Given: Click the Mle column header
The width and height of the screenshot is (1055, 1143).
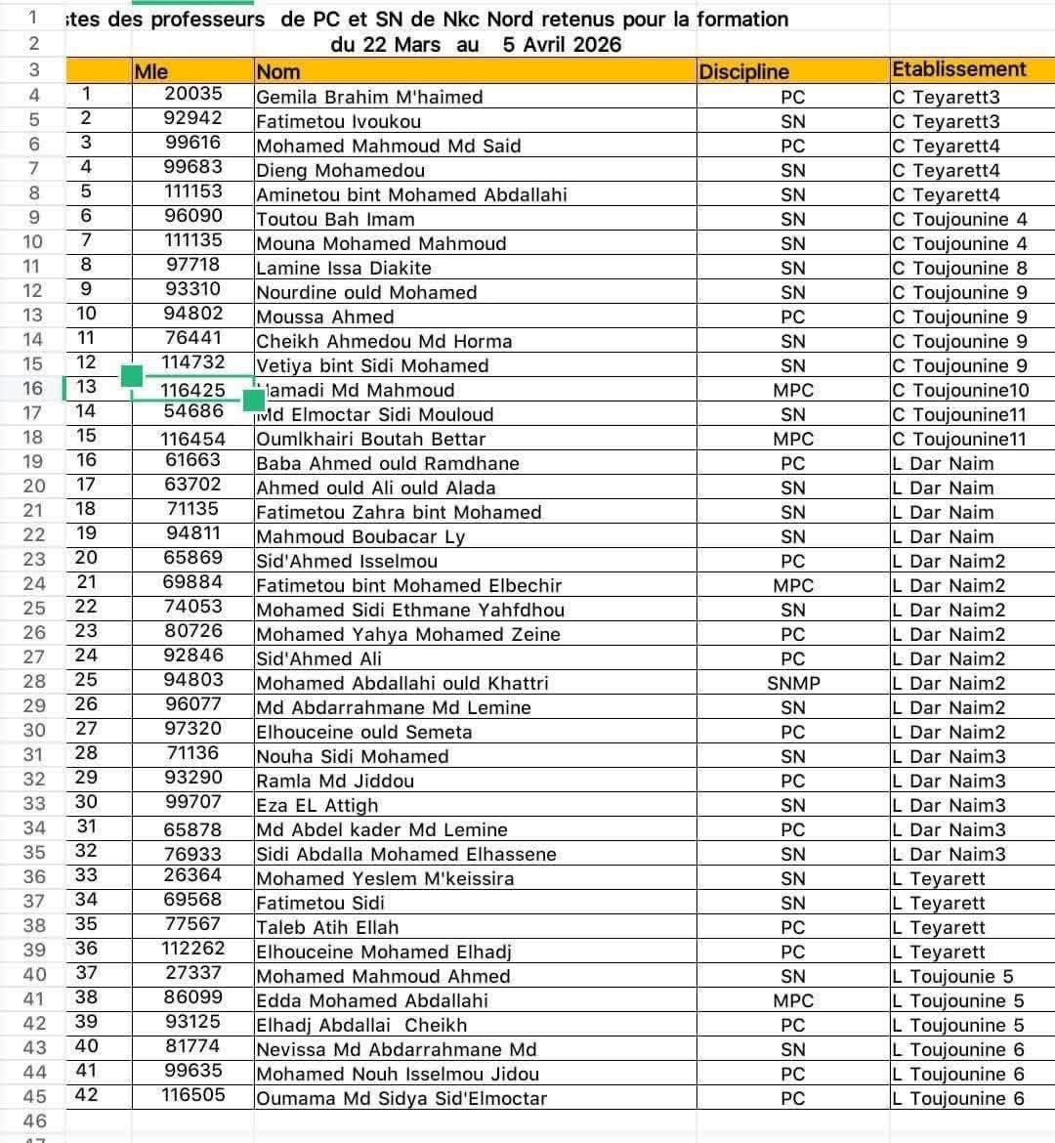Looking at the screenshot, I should [x=151, y=71].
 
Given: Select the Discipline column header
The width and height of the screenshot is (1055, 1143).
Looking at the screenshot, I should [x=743, y=71].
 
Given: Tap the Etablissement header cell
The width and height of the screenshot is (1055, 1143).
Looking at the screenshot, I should [x=958, y=69].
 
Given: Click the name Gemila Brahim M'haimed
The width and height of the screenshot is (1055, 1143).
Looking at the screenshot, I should [x=369, y=97].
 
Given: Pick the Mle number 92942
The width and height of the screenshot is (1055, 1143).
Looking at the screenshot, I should [x=192, y=118].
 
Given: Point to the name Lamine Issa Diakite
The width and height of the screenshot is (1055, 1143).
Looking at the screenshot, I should [x=343, y=268].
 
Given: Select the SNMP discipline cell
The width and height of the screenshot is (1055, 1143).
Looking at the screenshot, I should [x=792, y=683].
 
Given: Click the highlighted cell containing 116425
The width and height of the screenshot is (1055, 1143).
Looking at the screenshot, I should [x=192, y=390].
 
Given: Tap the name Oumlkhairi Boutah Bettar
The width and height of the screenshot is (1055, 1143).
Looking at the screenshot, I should [x=370, y=439].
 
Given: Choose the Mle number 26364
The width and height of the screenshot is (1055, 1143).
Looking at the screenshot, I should [x=192, y=875].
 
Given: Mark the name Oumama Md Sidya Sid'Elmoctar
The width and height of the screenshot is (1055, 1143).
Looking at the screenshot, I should [x=401, y=1098].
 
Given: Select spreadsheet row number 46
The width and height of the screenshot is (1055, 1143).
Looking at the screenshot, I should [x=34, y=1121].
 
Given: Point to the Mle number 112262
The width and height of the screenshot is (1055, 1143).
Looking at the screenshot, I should [x=192, y=949].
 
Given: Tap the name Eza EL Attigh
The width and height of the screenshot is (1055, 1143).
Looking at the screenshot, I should [x=316, y=805].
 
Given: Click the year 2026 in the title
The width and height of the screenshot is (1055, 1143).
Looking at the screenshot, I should [x=596, y=44].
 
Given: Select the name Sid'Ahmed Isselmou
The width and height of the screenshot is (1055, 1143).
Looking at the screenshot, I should [x=346, y=561].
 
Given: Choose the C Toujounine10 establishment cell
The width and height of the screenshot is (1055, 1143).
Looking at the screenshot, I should [x=960, y=390].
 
